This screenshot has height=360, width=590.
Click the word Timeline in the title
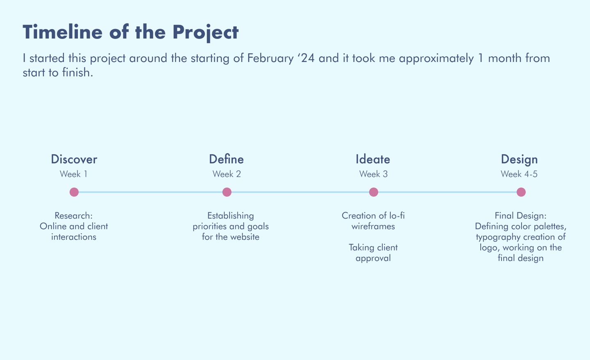(x=62, y=32)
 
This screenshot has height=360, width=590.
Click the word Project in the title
(x=205, y=33)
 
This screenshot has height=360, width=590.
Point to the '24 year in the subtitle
(x=306, y=58)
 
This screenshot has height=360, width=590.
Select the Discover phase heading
(x=74, y=159)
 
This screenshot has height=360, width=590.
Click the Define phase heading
(x=226, y=159)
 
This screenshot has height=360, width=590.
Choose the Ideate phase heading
(x=373, y=159)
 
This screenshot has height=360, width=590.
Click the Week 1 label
(x=73, y=174)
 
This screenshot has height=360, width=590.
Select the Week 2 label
(x=227, y=174)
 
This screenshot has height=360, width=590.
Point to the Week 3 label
(x=373, y=174)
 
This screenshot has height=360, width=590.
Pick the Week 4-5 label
(x=519, y=174)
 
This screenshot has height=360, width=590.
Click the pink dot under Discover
(x=74, y=192)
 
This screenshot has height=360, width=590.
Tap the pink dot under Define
(x=227, y=192)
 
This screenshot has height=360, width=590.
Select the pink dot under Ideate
(x=374, y=192)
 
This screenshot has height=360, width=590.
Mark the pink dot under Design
(x=521, y=192)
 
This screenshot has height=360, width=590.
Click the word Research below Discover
(x=73, y=216)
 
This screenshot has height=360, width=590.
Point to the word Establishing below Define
(x=230, y=216)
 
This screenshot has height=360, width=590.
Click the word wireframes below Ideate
(x=373, y=226)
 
